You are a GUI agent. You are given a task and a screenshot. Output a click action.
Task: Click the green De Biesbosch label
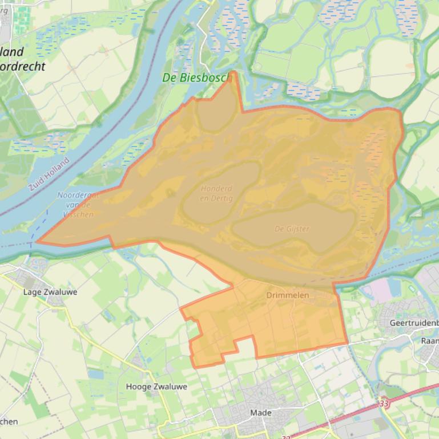[195, 78]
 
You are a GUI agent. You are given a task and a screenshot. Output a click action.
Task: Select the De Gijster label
[292, 229]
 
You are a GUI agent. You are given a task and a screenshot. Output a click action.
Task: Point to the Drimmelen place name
[287, 295]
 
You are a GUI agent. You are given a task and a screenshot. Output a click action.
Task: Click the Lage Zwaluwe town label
[50, 292]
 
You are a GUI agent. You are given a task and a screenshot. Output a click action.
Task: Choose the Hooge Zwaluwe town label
[156, 387]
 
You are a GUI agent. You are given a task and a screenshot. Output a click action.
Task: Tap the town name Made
[260, 412]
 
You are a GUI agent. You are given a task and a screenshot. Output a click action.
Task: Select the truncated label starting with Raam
[429, 340]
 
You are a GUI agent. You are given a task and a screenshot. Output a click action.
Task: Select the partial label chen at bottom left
[9, 421]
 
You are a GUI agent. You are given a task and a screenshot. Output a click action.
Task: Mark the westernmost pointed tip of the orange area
[37, 242]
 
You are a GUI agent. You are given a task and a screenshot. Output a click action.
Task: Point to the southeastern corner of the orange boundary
[347, 344]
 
